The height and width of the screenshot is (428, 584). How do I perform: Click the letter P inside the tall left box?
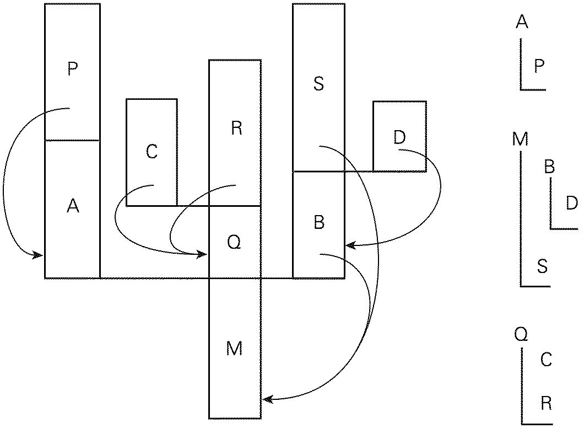72,69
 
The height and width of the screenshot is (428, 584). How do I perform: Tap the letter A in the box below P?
73,206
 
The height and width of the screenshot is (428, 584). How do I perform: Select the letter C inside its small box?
152,152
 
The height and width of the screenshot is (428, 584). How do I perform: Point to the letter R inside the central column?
236,129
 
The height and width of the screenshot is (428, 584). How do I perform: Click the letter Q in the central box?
234,243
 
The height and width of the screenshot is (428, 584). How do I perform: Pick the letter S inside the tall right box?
318,85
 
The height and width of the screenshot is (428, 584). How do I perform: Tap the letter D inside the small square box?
399,137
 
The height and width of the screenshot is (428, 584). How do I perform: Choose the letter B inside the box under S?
318,222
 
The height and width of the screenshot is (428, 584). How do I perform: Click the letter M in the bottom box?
234,349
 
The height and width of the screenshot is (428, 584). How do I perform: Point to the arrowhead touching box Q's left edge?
204,254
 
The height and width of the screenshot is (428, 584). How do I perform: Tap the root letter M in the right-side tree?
520,139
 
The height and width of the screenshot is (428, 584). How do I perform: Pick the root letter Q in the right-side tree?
521,334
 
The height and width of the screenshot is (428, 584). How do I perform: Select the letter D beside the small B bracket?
572,203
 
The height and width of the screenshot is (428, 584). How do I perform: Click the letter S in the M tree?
543,267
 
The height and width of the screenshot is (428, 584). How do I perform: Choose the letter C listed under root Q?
546,360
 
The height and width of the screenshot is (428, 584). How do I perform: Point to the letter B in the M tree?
549,167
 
